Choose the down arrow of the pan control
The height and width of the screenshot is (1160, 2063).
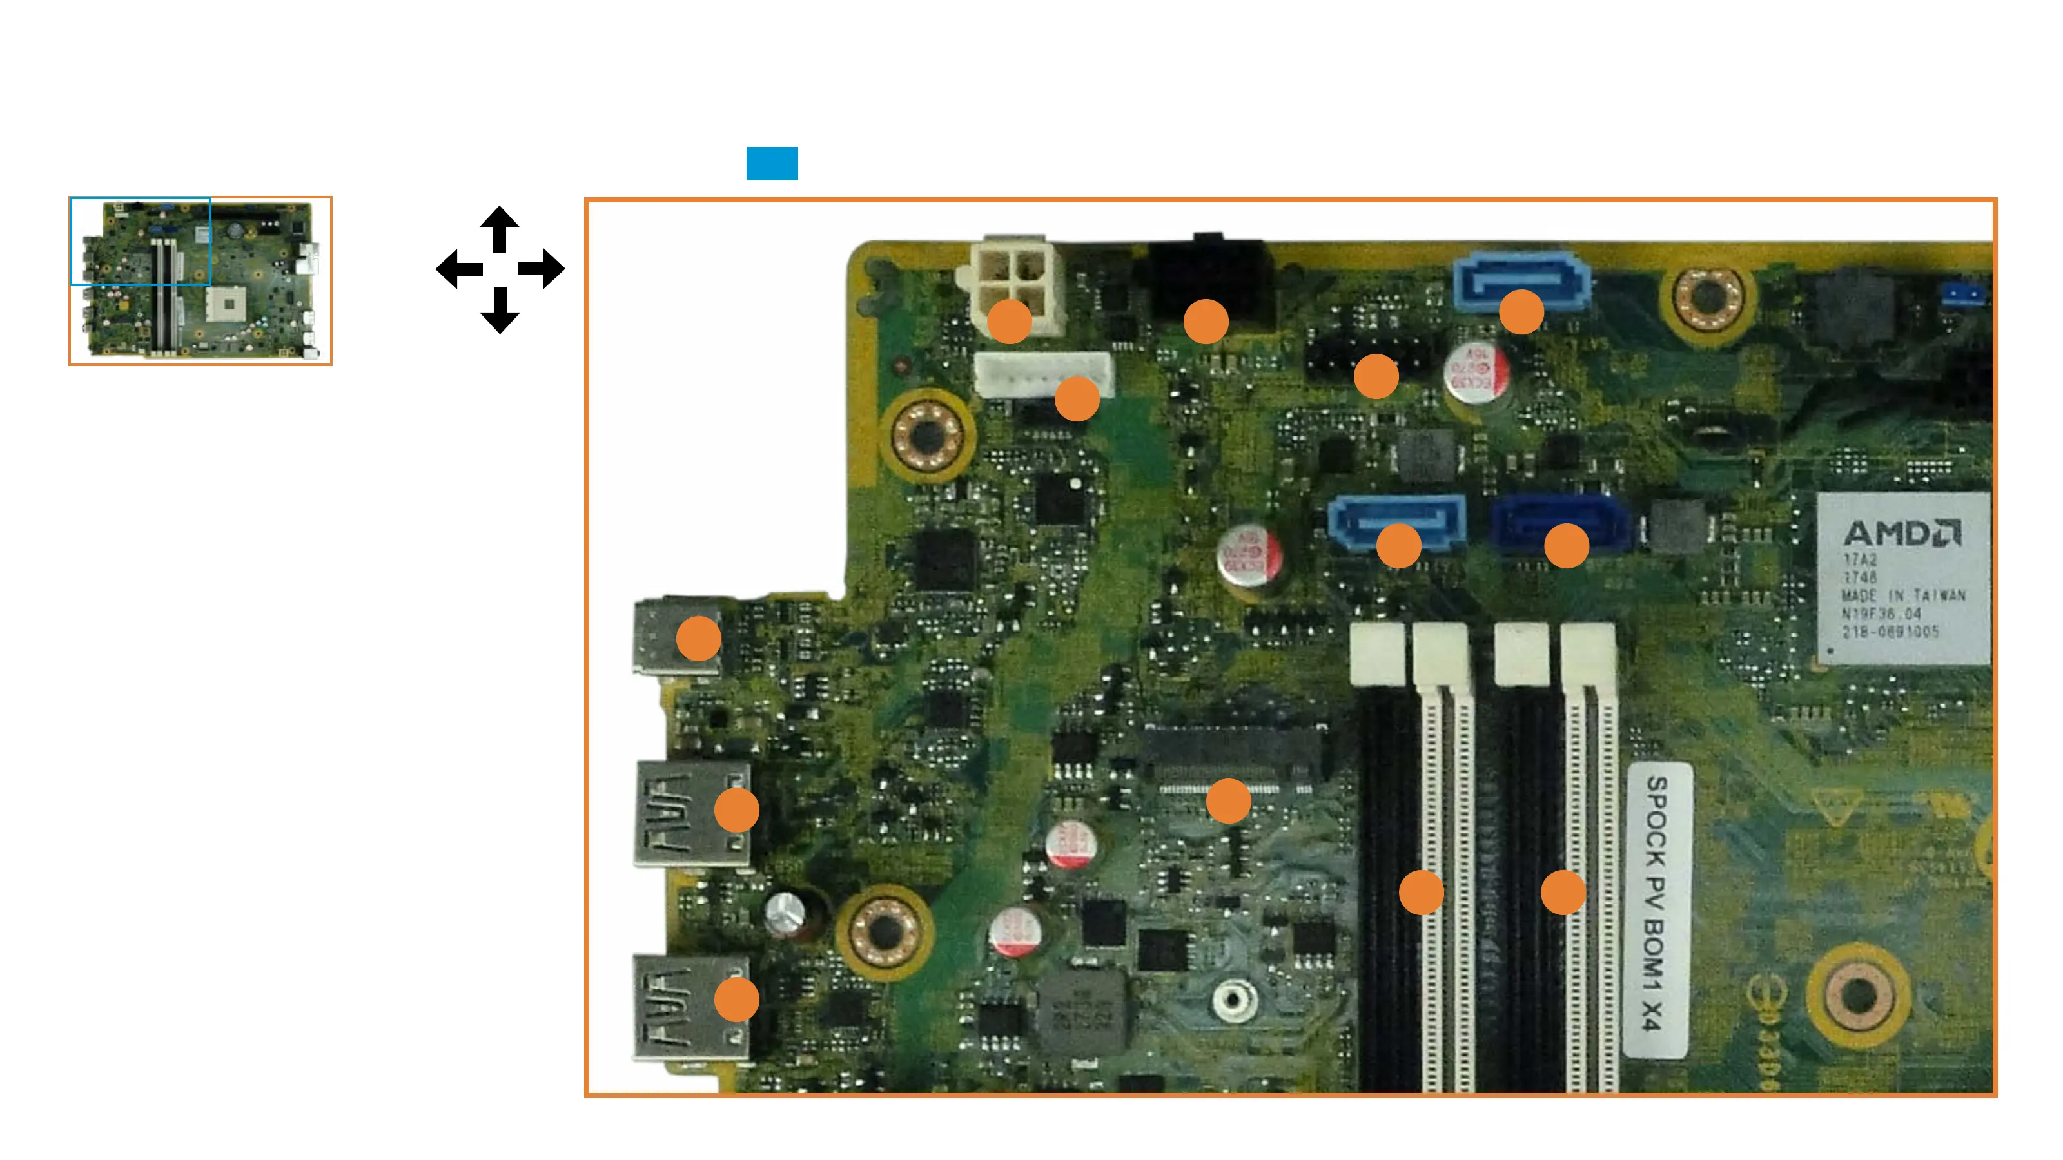pyautogui.click(x=500, y=311)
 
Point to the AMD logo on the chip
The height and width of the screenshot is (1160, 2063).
pyautogui.click(x=1902, y=533)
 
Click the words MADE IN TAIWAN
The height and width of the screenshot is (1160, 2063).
pyautogui.click(x=1903, y=595)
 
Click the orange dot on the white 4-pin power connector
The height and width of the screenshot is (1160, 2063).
pyautogui.click(x=1009, y=321)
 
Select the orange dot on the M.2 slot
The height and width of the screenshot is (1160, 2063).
pyautogui.click(x=1227, y=800)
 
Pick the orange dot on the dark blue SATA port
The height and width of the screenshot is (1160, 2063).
pyautogui.click(x=1566, y=546)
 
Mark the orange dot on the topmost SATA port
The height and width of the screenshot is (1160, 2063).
pyautogui.click(x=1521, y=311)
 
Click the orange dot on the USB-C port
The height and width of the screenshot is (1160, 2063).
pyautogui.click(x=698, y=638)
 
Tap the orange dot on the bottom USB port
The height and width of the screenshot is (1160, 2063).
pyautogui.click(x=736, y=999)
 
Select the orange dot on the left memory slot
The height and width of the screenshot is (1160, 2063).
pyautogui.click(x=1421, y=892)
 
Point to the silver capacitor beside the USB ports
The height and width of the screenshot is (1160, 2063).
pyautogui.click(x=785, y=913)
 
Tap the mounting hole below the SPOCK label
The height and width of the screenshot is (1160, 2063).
pyautogui.click(x=1859, y=995)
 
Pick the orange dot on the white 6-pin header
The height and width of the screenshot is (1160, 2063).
pyautogui.click(x=1077, y=399)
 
